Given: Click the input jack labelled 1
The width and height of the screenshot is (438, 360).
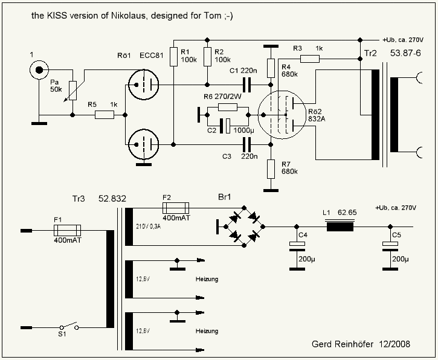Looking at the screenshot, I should pos(40,71).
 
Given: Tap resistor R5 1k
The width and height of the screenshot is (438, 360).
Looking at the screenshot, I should pos(105,113).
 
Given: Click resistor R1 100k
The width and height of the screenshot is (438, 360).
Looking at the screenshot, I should pos(173,56).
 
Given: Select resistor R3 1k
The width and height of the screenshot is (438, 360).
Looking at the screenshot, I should pos(310,59).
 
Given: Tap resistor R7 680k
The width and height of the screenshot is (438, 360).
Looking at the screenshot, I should pos(269,167).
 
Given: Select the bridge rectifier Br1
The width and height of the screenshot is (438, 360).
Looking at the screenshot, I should pos(245,227).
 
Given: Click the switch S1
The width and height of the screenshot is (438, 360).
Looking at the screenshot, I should pos(68,326).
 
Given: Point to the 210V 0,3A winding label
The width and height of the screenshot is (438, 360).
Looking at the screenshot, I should pos(143,227).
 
